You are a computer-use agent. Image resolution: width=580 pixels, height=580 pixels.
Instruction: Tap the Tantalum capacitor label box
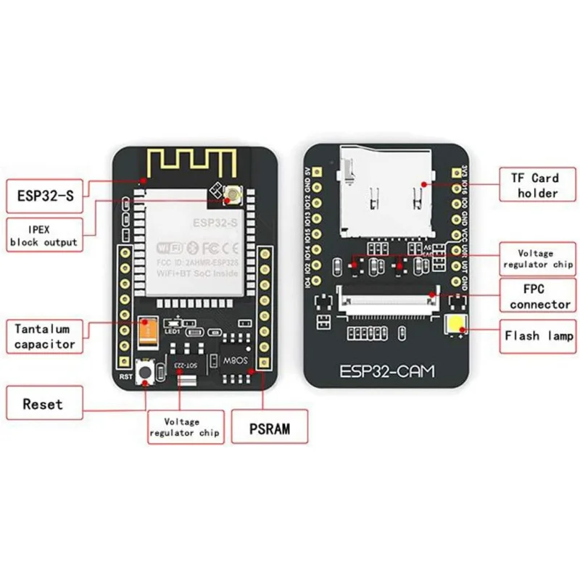(x=45, y=336)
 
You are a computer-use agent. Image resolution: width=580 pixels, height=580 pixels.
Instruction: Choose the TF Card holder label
(x=535, y=185)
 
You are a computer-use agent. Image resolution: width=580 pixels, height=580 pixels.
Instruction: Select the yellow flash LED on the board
(x=457, y=327)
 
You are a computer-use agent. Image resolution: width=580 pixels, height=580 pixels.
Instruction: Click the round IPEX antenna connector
(x=233, y=194)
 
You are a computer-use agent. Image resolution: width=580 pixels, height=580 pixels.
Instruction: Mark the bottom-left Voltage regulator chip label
(x=185, y=427)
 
